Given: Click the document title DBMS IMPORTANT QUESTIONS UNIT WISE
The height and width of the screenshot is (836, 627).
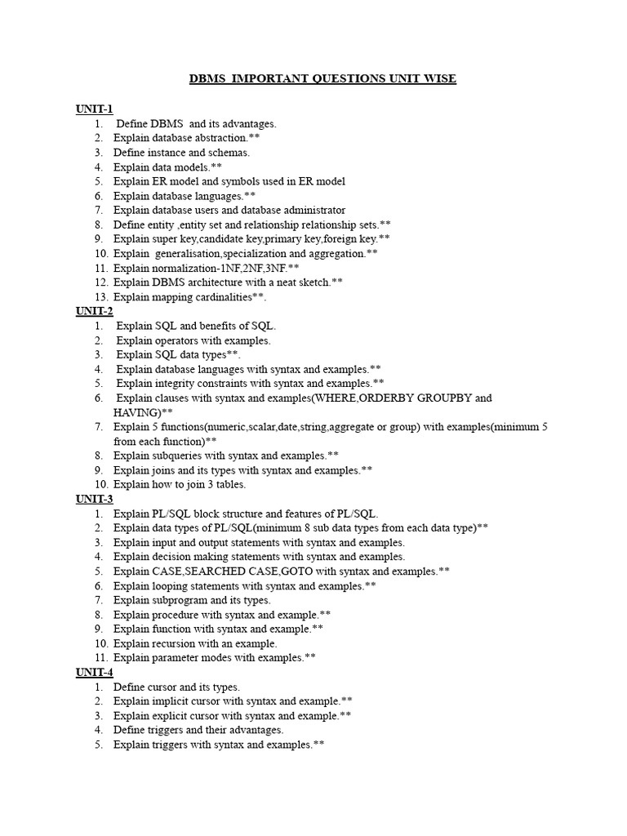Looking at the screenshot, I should (322, 78).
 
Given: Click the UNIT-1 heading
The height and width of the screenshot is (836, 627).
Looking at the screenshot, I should (95, 109).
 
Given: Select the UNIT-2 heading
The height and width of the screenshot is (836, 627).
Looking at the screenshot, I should (95, 311).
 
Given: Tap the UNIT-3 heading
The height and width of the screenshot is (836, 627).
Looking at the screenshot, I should (95, 499).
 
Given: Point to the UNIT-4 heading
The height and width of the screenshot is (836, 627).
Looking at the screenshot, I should (95, 672).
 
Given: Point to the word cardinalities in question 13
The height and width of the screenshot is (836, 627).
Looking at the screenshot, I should (221, 297).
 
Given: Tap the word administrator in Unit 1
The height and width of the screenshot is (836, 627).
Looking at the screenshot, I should (309, 210).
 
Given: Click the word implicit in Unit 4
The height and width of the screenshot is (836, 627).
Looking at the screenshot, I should (170, 701).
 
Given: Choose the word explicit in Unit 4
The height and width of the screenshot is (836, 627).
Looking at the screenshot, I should (170, 716).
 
